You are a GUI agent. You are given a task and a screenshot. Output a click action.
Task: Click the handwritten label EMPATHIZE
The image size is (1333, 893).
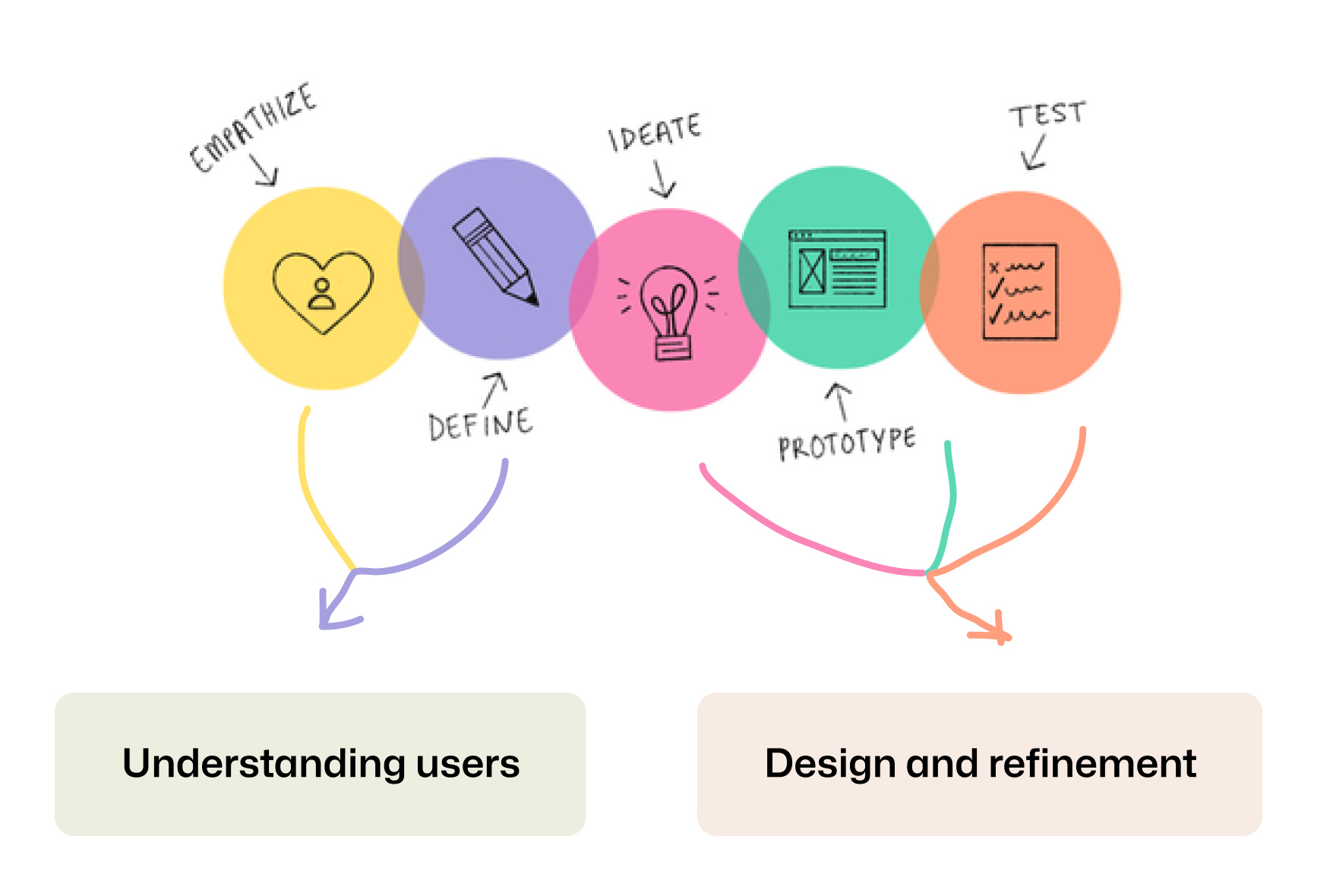click(253, 127)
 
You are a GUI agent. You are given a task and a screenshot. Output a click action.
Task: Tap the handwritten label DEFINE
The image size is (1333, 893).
click(480, 424)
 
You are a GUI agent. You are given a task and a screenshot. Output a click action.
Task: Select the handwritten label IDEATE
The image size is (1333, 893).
click(654, 132)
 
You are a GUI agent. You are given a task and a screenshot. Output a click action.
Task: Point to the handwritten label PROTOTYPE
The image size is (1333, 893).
click(846, 444)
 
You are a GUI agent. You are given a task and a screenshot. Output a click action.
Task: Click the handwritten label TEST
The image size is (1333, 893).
click(1047, 115)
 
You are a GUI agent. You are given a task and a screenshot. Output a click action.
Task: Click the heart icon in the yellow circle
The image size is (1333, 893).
click(323, 292)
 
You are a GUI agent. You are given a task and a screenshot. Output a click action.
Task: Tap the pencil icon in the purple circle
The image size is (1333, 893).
click(495, 256)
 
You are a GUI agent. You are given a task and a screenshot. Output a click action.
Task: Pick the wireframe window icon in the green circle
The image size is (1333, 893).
click(837, 269)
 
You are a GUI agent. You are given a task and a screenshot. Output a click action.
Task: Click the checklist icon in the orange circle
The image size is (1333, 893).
click(1019, 291)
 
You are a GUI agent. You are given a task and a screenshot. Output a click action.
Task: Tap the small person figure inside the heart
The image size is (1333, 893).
click(323, 295)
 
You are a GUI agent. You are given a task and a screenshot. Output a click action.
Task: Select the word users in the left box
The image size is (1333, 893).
click(468, 764)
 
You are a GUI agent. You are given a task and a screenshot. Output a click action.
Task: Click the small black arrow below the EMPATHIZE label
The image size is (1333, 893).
click(264, 172)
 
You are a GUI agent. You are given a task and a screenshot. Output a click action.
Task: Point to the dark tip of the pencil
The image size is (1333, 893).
click(533, 299)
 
